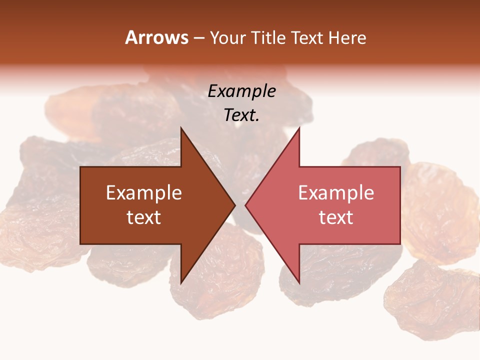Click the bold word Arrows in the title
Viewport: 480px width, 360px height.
click(x=156, y=37)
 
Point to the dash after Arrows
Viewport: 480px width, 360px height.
click(x=198, y=38)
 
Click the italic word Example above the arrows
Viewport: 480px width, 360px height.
click(x=241, y=91)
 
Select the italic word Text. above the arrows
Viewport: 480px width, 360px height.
click(x=241, y=115)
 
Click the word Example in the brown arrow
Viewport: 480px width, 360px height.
click(x=144, y=193)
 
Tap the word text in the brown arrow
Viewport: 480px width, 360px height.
click(x=144, y=217)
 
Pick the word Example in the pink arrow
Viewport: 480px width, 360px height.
click(x=336, y=193)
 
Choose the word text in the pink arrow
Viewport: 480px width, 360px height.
click(x=336, y=217)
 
